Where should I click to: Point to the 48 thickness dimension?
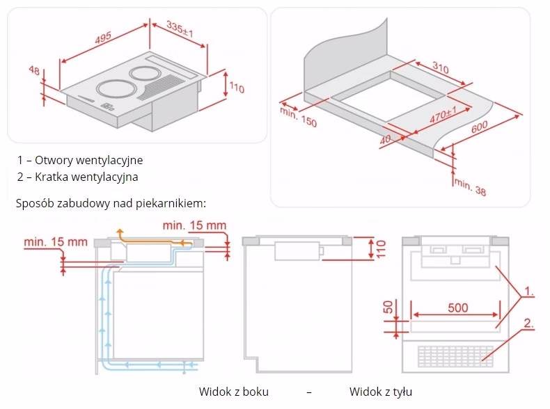[33, 70]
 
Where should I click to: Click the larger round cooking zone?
[113, 88]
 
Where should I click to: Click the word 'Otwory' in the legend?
[51, 160]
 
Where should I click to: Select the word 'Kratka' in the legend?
[49, 177]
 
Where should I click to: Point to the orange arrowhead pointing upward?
[119, 232]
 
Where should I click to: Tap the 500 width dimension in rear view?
[457, 307]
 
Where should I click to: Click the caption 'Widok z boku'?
[233, 392]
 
